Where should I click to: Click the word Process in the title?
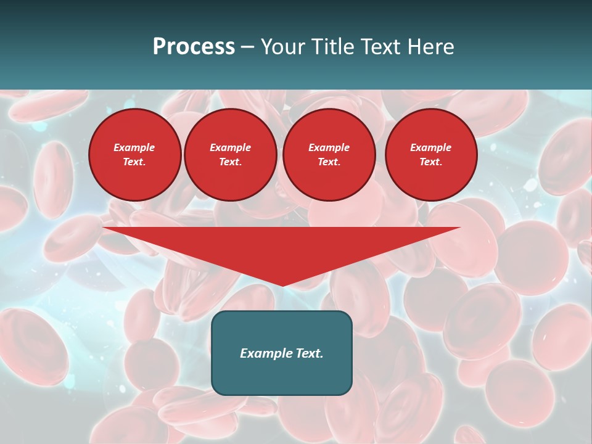(x=194, y=47)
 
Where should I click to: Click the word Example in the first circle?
(x=134, y=147)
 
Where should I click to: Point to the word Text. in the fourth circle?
(x=431, y=162)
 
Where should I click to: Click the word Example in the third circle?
(x=329, y=147)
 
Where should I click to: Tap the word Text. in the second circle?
(x=231, y=162)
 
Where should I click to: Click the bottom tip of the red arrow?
(x=282, y=284)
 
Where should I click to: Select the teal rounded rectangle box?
(x=282, y=376)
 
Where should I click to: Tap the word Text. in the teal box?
(x=310, y=353)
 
